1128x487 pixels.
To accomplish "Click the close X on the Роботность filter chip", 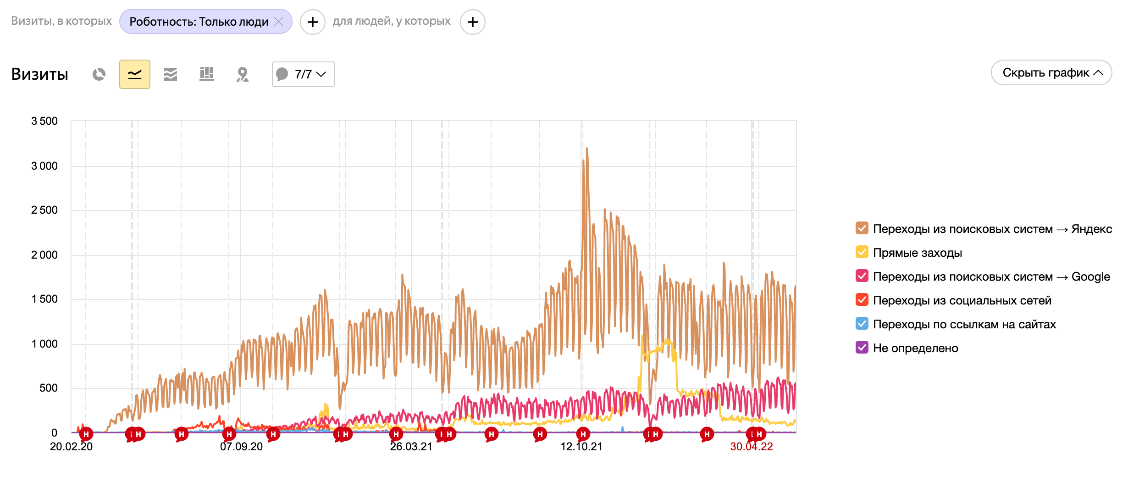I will click(x=279, y=22).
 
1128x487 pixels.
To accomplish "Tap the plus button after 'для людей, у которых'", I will click(x=472, y=22).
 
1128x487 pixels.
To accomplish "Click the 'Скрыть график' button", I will click(x=1051, y=72).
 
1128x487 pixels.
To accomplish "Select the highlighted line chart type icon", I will click(x=134, y=74).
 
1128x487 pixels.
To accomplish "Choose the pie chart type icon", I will click(x=99, y=74).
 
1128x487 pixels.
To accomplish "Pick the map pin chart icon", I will click(x=242, y=74).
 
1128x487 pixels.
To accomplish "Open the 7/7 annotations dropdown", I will click(x=303, y=74).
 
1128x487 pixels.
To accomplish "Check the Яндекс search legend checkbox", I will click(x=862, y=228).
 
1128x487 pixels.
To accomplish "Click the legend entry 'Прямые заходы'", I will click(x=917, y=253).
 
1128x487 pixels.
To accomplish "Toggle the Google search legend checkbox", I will click(x=862, y=276).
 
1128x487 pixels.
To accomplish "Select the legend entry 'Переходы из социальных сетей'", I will click(x=962, y=300).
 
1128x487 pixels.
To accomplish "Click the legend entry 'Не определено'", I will click(x=915, y=348).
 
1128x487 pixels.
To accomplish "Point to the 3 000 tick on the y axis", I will click(x=44, y=166).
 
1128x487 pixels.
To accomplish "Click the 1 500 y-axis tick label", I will click(x=44, y=299).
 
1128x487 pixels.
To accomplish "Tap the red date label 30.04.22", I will click(x=751, y=447).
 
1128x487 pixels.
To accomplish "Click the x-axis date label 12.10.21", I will click(x=581, y=447).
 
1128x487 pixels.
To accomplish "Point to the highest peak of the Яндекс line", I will click(x=586, y=149).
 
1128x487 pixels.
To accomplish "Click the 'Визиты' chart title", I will click(x=40, y=74).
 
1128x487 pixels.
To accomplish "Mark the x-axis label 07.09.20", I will click(x=241, y=447).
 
